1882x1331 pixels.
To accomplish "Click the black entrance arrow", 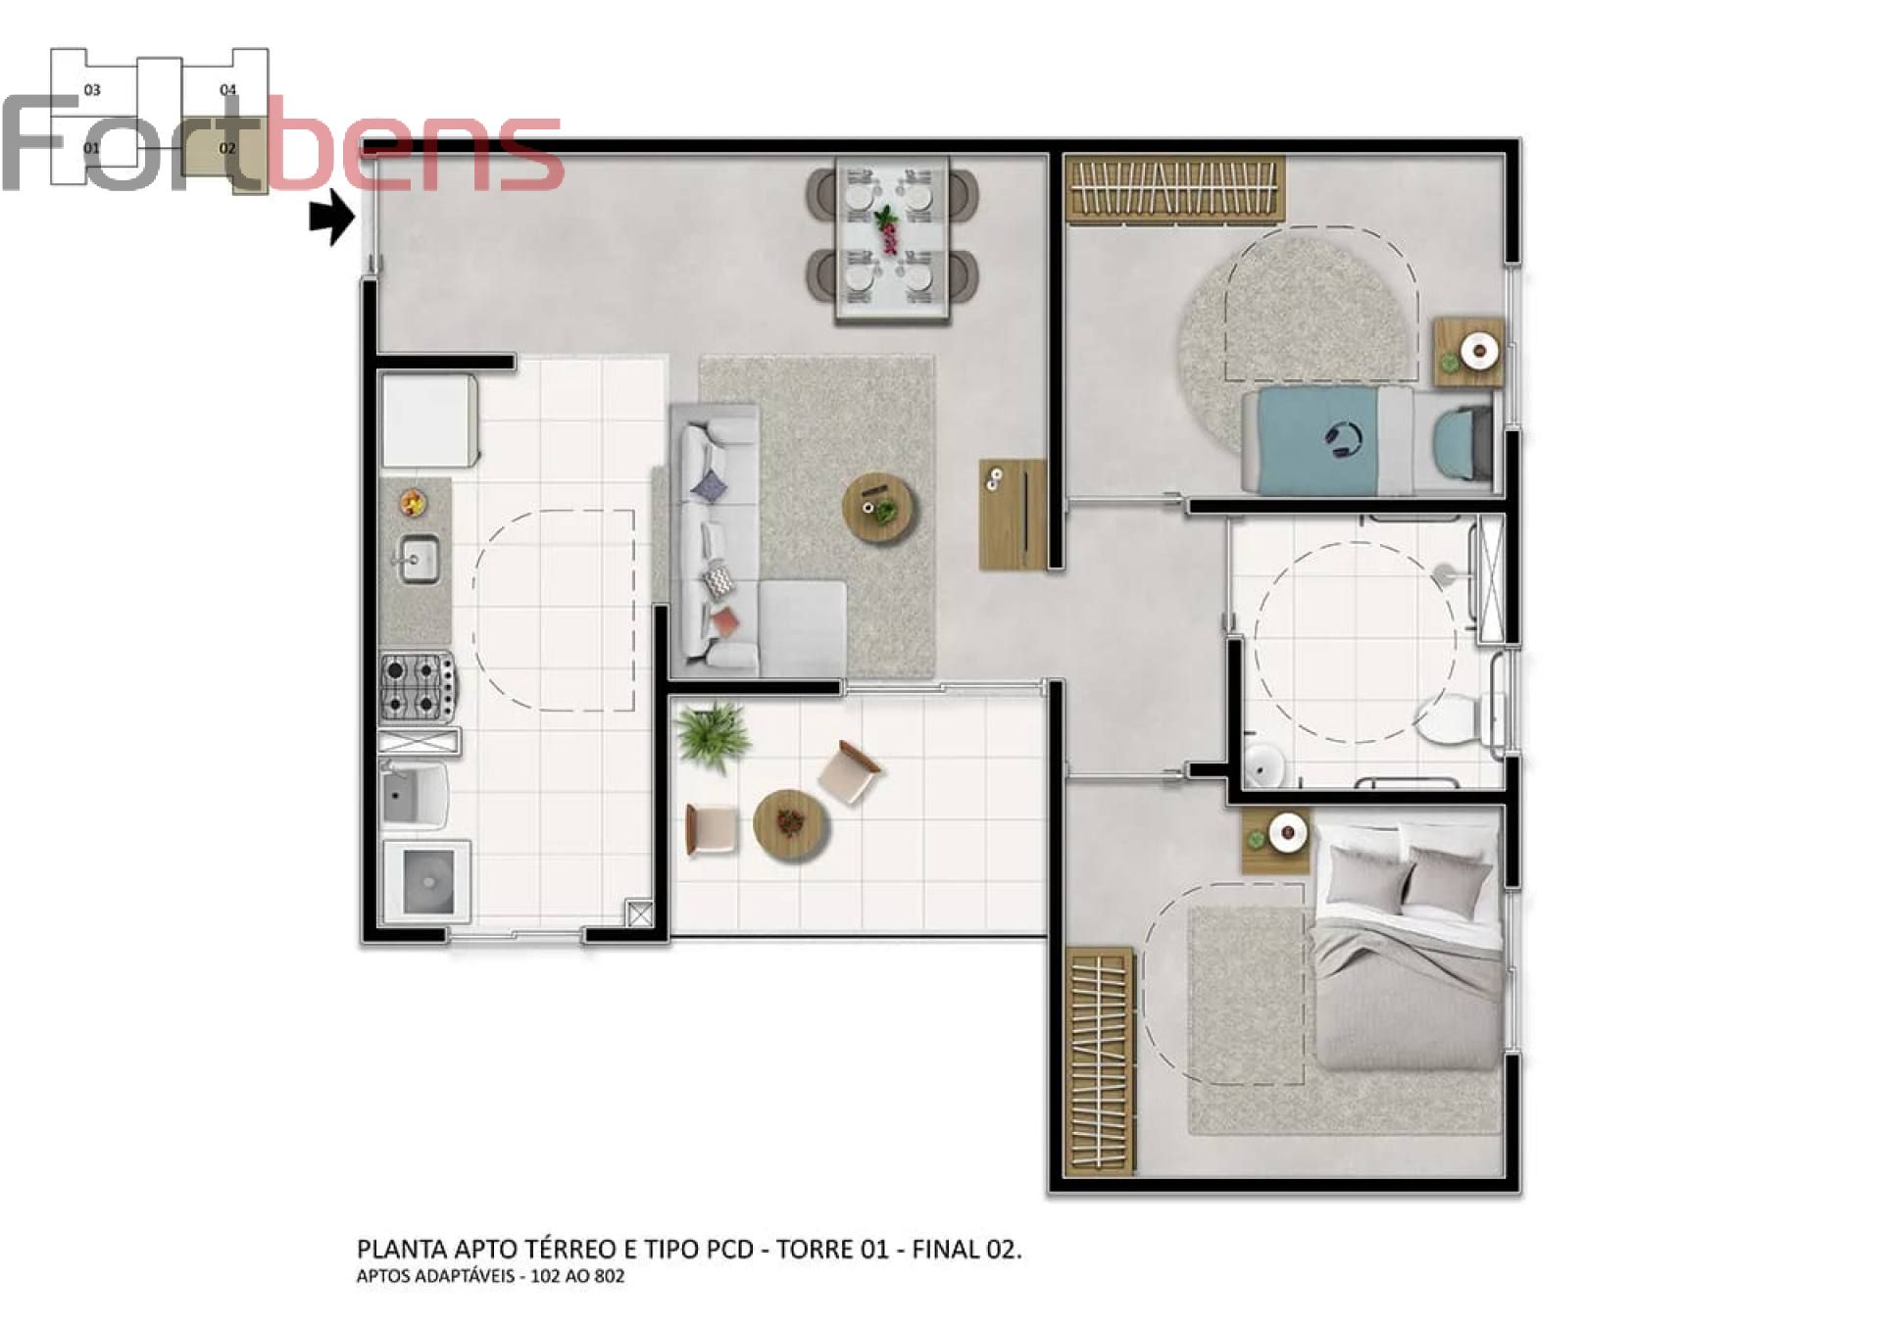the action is point(332,217).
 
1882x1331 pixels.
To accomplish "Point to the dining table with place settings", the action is point(892,238).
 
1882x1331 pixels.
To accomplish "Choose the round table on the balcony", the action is point(791,824).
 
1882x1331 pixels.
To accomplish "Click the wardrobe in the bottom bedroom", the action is point(1099,1060).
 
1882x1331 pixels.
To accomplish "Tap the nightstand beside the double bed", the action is point(1276,841).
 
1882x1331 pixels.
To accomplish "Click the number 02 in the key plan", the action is point(227,149).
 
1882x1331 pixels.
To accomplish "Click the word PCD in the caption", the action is point(729,1249).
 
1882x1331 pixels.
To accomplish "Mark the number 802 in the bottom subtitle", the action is point(607,1276).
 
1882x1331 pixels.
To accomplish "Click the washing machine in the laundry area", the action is point(427,881).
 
